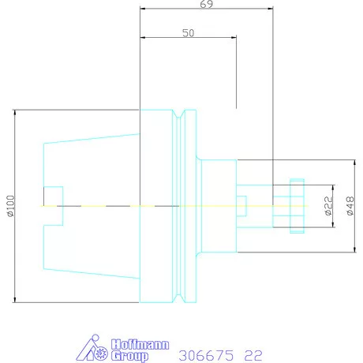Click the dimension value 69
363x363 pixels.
(x=207, y=4)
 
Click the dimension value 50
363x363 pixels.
(x=189, y=33)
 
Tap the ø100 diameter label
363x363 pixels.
(x=11, y=206)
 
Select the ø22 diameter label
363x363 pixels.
(x=329, y=206)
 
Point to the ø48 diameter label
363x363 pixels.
(x=350, y=206)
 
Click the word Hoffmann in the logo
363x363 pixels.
(x=140, y=345)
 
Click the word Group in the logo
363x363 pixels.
(x=129, y=356)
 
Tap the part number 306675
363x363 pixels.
(x=206, y=356)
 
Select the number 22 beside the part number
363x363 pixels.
(x=253, y=356)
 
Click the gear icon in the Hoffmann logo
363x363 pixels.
(x=101, y=354)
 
